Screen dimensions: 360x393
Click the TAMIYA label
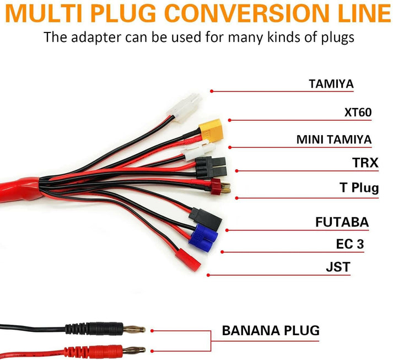tap(331, 84)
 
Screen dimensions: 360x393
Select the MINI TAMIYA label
tap(334, 139)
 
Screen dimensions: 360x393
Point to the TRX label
tap(365, 163)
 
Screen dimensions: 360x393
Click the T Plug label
tap(359, 187)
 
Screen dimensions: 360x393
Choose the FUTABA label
tap(342, 222)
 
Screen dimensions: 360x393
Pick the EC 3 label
tap(350, 244)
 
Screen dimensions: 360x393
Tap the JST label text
tap(338, 267)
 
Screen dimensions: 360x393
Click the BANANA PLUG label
tap(271, 331)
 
